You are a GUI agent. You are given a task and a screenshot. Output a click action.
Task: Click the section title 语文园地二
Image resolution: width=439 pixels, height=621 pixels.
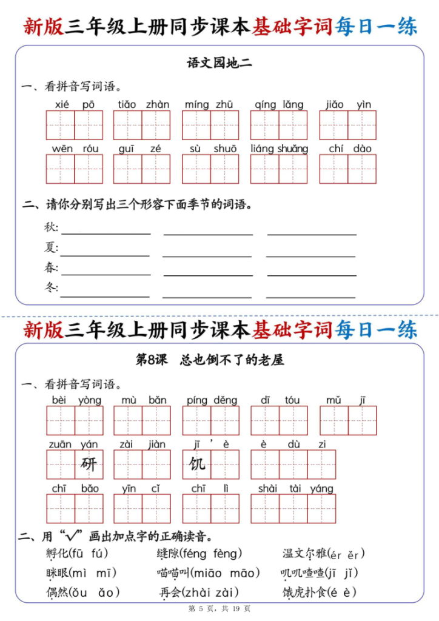(219, 62)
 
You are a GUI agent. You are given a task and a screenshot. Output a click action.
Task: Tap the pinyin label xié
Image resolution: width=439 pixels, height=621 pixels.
(62, 104)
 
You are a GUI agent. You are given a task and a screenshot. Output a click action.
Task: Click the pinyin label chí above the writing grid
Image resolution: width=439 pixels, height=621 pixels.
(335, 149)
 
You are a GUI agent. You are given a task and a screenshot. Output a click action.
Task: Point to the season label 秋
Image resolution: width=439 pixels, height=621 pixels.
(51, 227)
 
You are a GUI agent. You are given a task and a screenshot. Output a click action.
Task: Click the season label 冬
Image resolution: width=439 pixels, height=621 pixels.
(51, 287)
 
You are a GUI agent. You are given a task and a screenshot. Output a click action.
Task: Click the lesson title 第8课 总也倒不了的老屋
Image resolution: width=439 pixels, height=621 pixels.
(209, 360)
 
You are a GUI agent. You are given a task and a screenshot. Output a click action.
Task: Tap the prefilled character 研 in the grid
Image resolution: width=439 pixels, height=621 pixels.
(89, 465)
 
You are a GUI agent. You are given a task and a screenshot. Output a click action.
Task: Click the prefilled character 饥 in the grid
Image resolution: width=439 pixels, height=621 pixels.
(197, 465)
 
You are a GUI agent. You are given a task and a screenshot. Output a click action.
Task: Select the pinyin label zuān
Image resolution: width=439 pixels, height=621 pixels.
(60, 445)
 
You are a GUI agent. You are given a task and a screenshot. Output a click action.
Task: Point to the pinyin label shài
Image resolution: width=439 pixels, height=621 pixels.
(267, 489)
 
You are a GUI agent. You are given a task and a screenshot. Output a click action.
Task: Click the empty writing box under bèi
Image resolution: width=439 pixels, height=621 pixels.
(61, 421)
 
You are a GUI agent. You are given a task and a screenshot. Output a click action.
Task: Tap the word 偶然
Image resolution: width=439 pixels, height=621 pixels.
(58, 592)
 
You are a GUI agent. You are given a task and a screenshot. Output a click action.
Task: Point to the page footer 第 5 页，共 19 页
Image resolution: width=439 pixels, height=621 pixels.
(219, 608)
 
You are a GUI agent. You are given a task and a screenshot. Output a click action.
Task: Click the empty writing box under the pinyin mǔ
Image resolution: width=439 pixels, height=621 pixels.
(334, 421)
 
